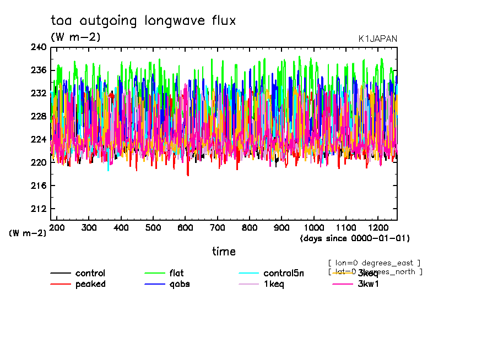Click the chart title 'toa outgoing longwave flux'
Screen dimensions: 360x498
click(143, 21)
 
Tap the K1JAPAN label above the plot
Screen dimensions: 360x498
click(377, 39)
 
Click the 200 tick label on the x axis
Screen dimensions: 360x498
click(57, 227)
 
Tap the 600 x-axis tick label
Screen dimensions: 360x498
click(186, 227)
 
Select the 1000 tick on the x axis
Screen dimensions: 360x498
click(314, 227)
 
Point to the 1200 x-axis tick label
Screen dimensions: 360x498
click(378, 227)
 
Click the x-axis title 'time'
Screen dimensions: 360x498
click(224, 252)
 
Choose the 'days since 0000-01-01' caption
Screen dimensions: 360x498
click(355, 238)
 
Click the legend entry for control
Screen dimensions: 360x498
click(90, 274)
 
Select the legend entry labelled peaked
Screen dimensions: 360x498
click(90, 284)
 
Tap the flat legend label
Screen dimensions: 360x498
click(176, 274)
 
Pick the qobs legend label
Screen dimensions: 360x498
click(178, 284)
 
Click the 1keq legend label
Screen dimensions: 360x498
click(274, 284)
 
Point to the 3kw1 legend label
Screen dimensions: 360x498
click(369, 284)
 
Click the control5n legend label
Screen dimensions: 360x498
click(283, 274)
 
